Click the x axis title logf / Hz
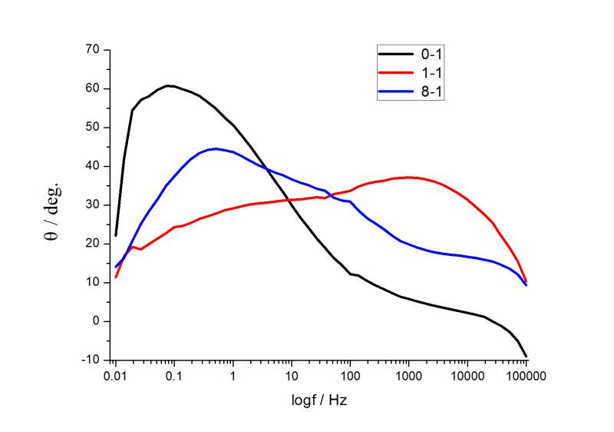click(321, 401)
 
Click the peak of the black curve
click(170, 85)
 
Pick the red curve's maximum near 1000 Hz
click(411, 177)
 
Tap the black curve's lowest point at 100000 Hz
click(527, 357)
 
